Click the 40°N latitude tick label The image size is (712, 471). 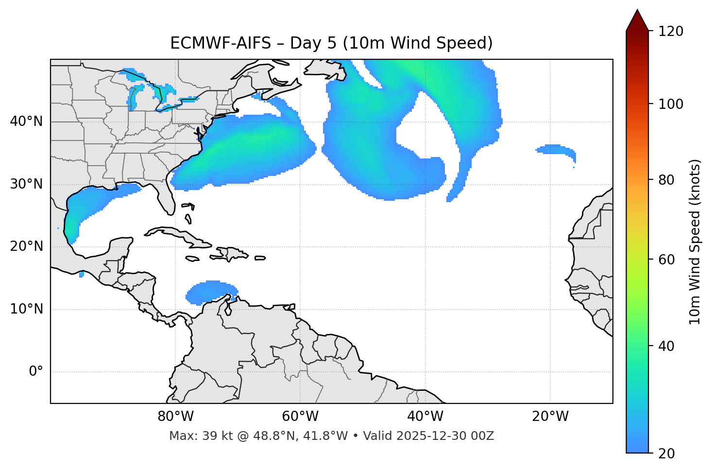(x=26, y=122)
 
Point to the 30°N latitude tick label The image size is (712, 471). (x=26, y=184)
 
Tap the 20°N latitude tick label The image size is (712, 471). (x=26, y=246)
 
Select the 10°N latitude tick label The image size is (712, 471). (x=26, y=309)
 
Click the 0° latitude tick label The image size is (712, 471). (x=36, y=372)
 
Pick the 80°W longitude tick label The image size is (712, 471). (x=175, y=417)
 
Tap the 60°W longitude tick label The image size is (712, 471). (x=300, y=417)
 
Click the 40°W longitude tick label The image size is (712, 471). (x=425, y=417)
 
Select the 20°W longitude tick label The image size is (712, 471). (x=550, y=417)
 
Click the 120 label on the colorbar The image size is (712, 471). (x=671, y=32)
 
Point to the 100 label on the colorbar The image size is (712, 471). (x=671, y=104)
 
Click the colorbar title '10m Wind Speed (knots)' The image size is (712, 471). (x=695, y=242)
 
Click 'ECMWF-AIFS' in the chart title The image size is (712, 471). (x=220, y=43)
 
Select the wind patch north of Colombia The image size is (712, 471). (x=211, y=293)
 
